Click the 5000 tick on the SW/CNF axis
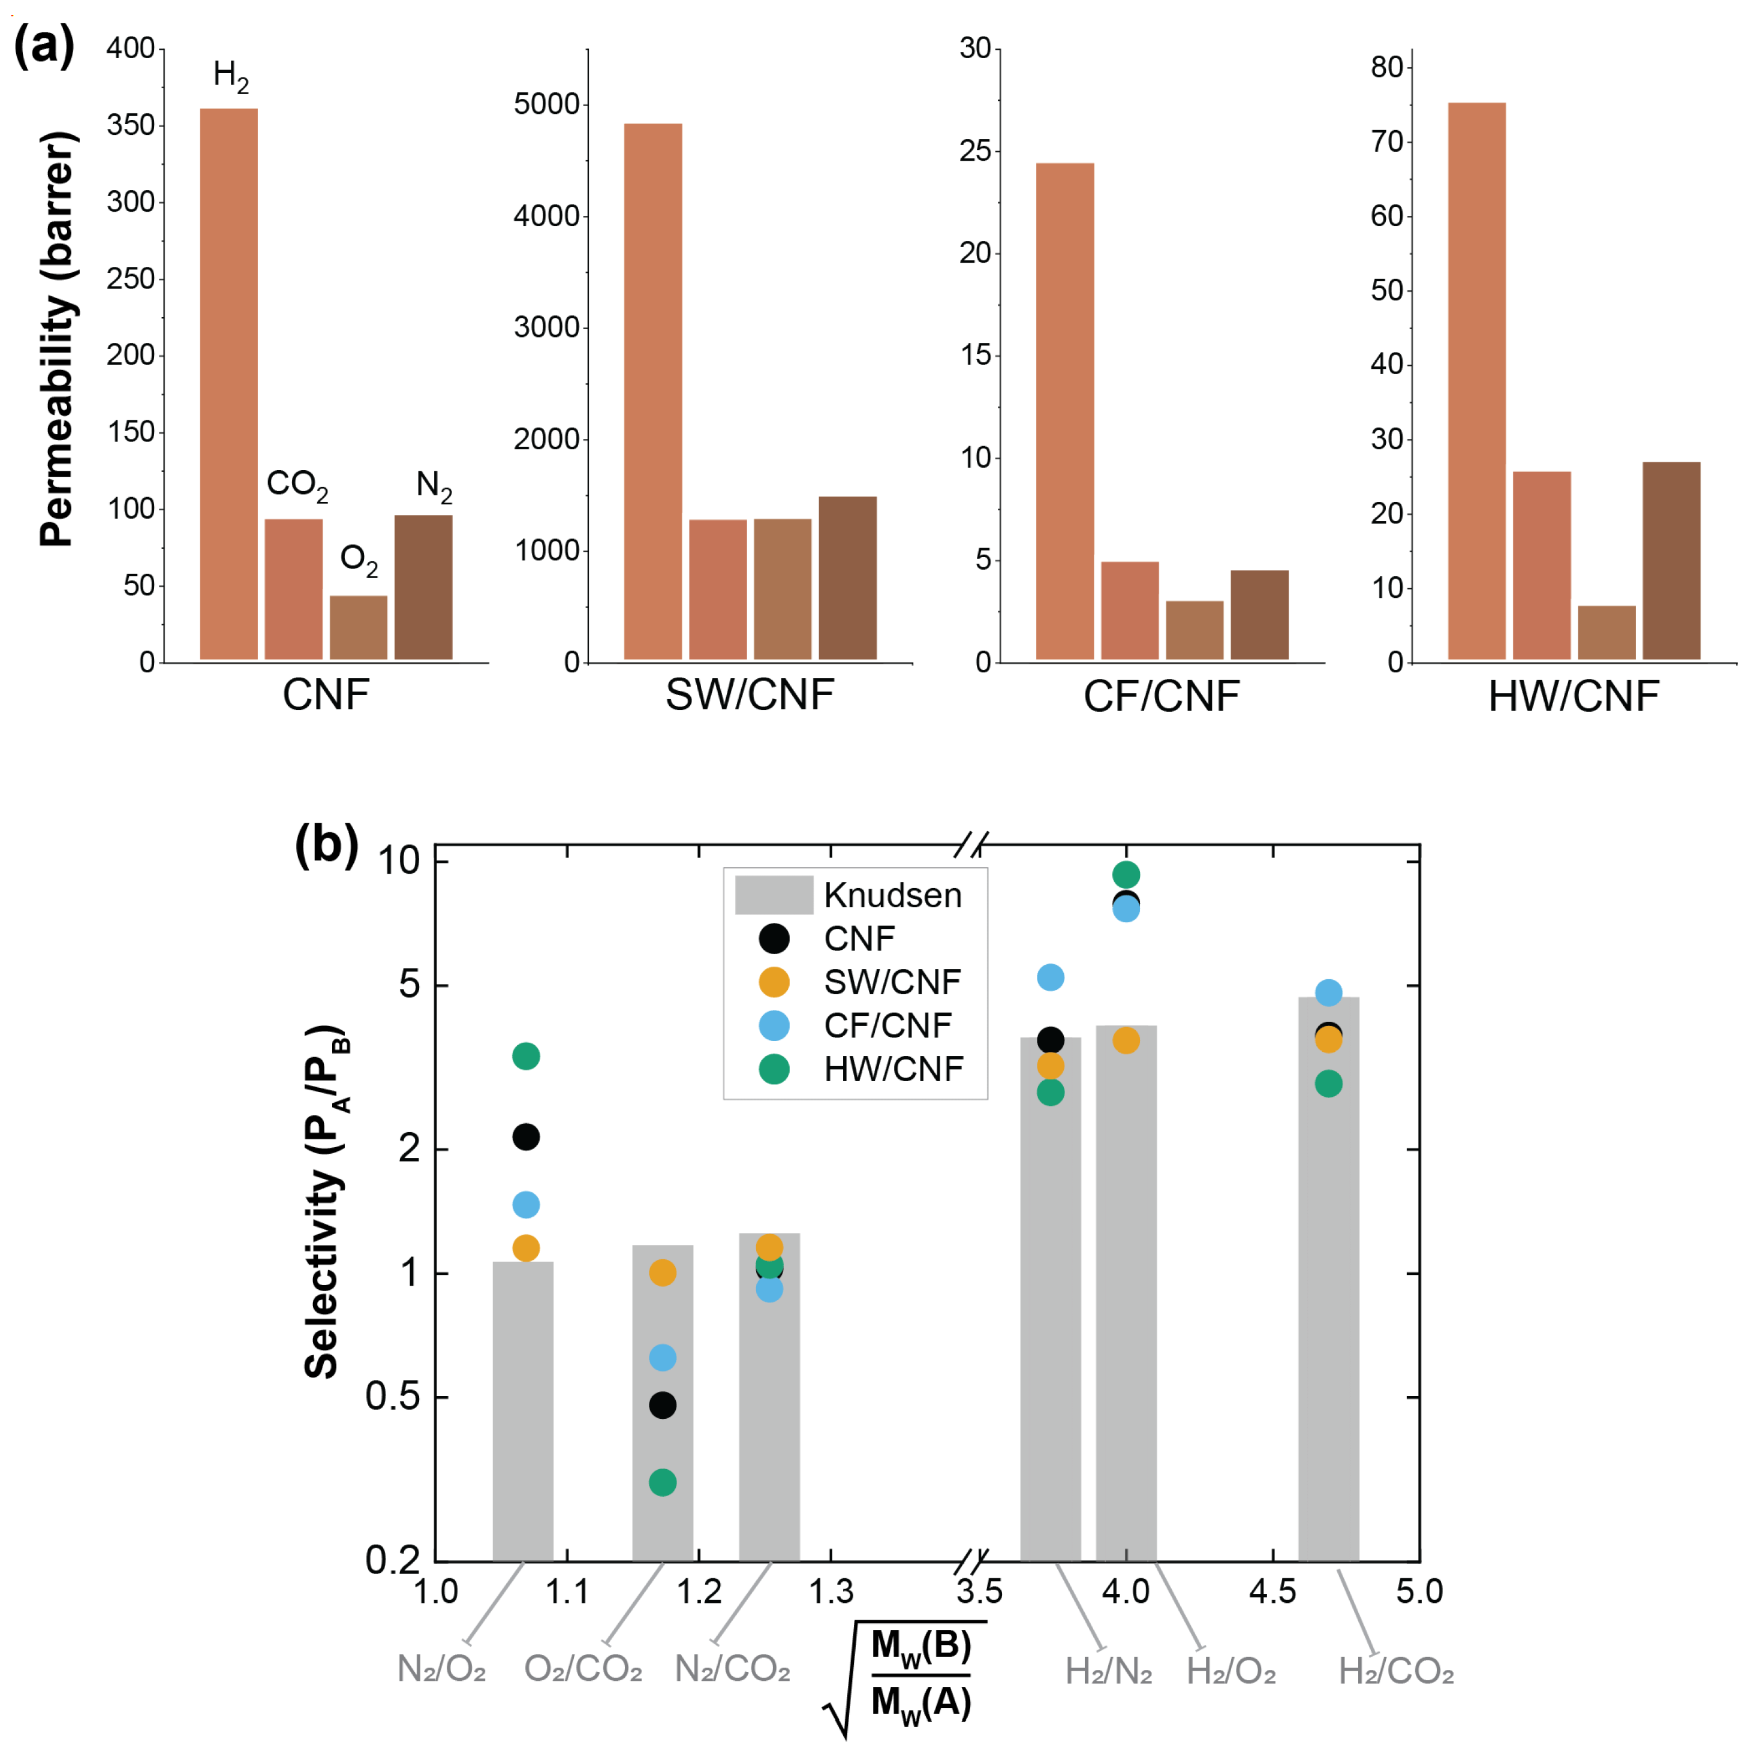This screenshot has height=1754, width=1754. (546, 104)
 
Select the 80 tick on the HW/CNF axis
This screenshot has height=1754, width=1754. (1386, 67)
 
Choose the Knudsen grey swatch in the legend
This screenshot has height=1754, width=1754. (774, 895)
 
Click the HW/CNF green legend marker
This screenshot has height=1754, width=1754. (774, 1069)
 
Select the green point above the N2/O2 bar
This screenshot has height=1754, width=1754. (526, 1056)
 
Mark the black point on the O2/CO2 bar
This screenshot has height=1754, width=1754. (663, 1406)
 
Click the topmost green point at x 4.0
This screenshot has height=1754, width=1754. (1126, 874)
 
